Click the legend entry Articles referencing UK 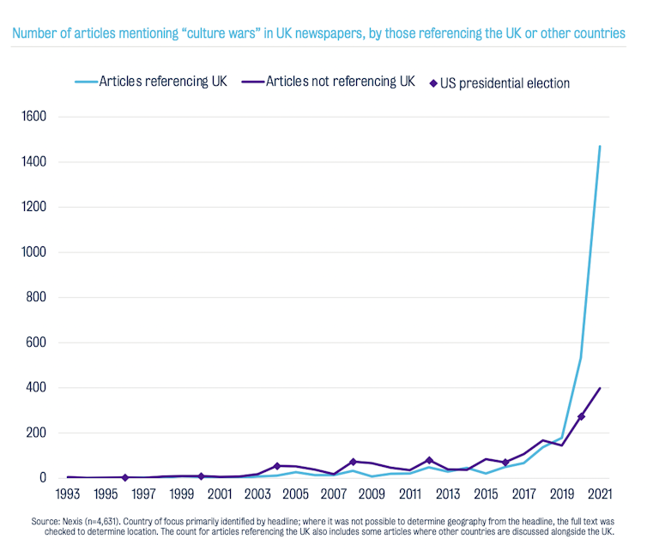tap(163, 82)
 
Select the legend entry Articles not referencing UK tap(340, 82)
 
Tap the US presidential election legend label tap(505, 83)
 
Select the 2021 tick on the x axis tap(600, 494)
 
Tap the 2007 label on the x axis tap(333, 494)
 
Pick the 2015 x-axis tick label tap(486, 494)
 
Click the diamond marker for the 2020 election tap(581, 416)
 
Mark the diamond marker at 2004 tap(276, 466)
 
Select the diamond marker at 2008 tap(353, 462)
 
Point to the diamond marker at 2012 tap(429, 460)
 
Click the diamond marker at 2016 tap(505, 463)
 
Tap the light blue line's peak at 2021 tap(600, 146)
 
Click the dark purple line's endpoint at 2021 tap(600, 388)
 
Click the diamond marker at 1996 tap(124, 477)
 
